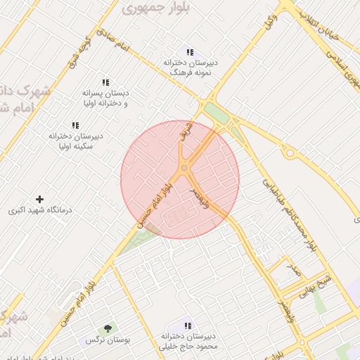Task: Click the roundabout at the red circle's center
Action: [184, 167]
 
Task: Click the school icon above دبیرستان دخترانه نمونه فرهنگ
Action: [189, 51]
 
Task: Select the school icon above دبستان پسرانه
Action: [105, 82]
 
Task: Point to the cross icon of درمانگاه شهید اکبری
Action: [39, 200]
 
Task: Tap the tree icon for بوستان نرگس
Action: [107, 328]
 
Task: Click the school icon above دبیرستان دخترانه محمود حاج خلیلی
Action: [187, 326]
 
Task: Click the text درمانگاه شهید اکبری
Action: [36, 210]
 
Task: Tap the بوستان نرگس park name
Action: [100, 340]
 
